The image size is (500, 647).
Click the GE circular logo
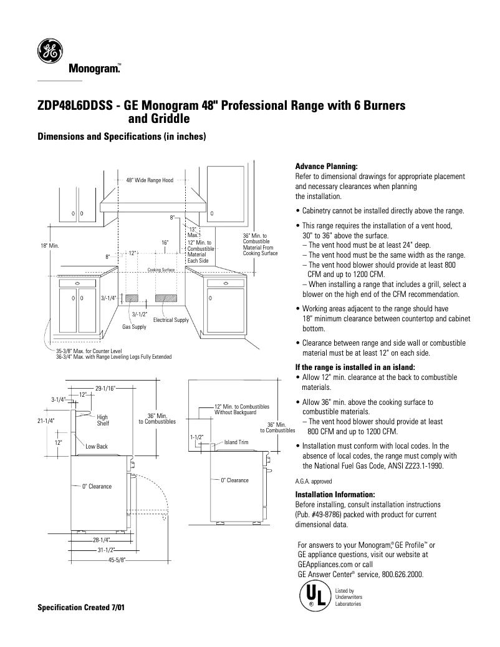(x=49, y=52)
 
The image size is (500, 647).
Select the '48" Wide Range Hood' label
(x=150, y=180)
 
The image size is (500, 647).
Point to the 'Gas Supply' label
(x=134, y=327)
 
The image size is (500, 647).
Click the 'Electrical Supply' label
(x=171, y=320)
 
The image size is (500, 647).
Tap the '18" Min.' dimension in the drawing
(x=49, y=246)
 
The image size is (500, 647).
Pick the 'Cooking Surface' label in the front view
(x=161, y=270)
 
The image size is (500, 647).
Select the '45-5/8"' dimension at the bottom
(x=115, y=560)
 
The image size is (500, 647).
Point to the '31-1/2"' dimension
(x=106, y=550)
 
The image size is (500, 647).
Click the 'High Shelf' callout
(x=103, y=421)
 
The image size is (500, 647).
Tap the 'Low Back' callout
(x=97, y=446)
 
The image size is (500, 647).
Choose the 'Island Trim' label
(x=236, y=442)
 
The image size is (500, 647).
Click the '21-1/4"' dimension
(x=46, y=421)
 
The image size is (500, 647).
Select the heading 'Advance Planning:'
(x=326, y=167)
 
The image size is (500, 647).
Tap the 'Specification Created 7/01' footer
(x=82, y=607)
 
